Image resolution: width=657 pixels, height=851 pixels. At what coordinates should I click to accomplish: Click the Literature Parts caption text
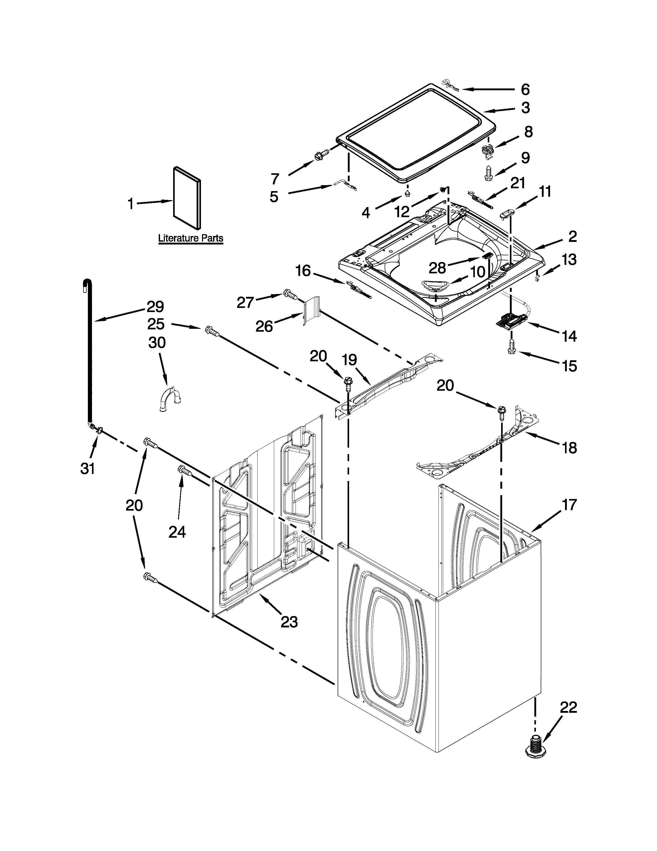[190, 238]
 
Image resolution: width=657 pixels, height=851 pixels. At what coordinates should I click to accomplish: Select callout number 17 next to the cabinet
[569, 505]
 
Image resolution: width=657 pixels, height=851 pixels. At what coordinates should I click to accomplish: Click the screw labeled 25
[211, 331]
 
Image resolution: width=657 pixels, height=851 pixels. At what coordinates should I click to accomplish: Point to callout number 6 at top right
[525, 90]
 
